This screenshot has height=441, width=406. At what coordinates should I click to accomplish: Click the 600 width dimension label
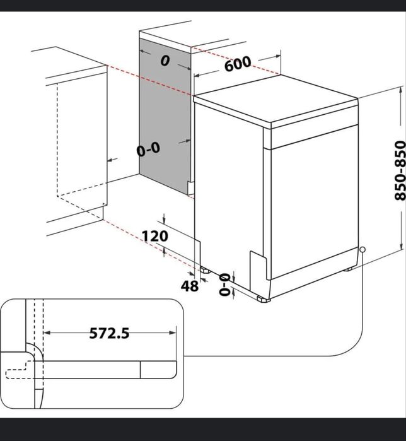tap(237, 64)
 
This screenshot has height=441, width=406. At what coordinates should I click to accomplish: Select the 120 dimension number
tap(154, 236)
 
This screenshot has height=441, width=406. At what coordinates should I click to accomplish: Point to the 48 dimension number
tap(190, 286)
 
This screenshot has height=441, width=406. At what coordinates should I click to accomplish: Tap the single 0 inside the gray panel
tap(165, 61)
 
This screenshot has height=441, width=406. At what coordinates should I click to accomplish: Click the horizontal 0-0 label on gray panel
tap(149, 150)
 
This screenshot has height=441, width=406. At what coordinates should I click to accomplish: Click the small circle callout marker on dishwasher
tap(363, 250)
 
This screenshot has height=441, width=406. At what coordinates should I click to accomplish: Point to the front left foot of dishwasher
tap(264, 298)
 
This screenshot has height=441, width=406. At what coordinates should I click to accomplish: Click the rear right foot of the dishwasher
tap(347, 269)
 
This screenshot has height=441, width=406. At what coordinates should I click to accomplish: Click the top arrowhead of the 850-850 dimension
tap(400, 90)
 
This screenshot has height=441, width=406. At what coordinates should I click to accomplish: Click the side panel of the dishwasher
tap(227, 189)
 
